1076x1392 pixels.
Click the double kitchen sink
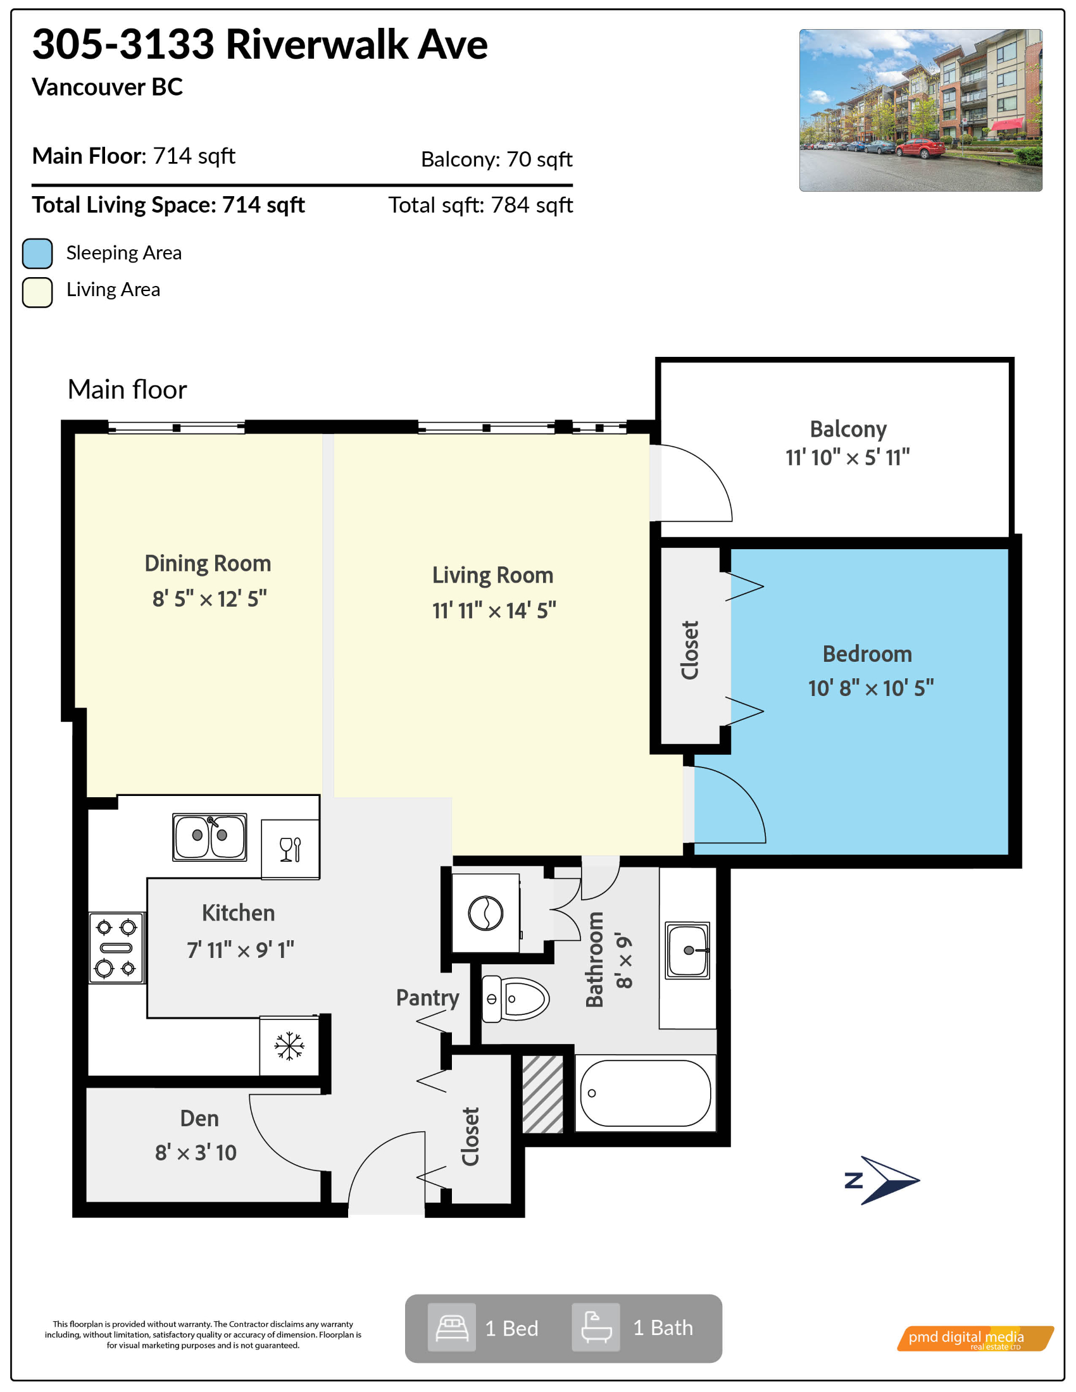pyautogui.click(x=210, y=836)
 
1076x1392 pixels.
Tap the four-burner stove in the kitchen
pyautogui.click(x=116, y=947)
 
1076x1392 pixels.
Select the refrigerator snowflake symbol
pyautogui.click(x=289, y=1045)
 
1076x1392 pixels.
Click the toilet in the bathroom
pyautogui.click(x=515, y=998)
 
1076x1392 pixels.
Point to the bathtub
pyautogui.click(x=645, y=1094)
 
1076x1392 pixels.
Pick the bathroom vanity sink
pyautogui.click(x=687, y=950)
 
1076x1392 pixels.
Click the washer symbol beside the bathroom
pyautogui.click(x=485, y=913)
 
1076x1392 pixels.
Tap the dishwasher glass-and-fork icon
pyautogui.click(x=290, y=849)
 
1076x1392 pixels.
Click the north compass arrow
pyautogui.click(x=882, y=1181)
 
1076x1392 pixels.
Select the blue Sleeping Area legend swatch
pyautogui.click(x=37, y=254)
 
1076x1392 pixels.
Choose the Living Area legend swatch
pyautogui.click(x=37, y=292)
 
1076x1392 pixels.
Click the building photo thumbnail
pyautogui.click(x=920, y=110)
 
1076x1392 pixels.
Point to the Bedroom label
pyautogui.click(x=867, y=654)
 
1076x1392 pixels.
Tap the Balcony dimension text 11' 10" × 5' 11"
pyautogui.click(x=847, y=457)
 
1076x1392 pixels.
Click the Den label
pyautogui.click(x=199, y=1119)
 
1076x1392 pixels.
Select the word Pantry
pyautogui.click(x=428, y=998)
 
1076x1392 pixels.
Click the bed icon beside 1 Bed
pyautogui.click(x=452, y=1327)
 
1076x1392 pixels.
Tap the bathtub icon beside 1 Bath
pyautogui.click(x=596, y=1327)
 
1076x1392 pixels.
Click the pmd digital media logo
pyautogui.click(x=975, y=1338)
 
